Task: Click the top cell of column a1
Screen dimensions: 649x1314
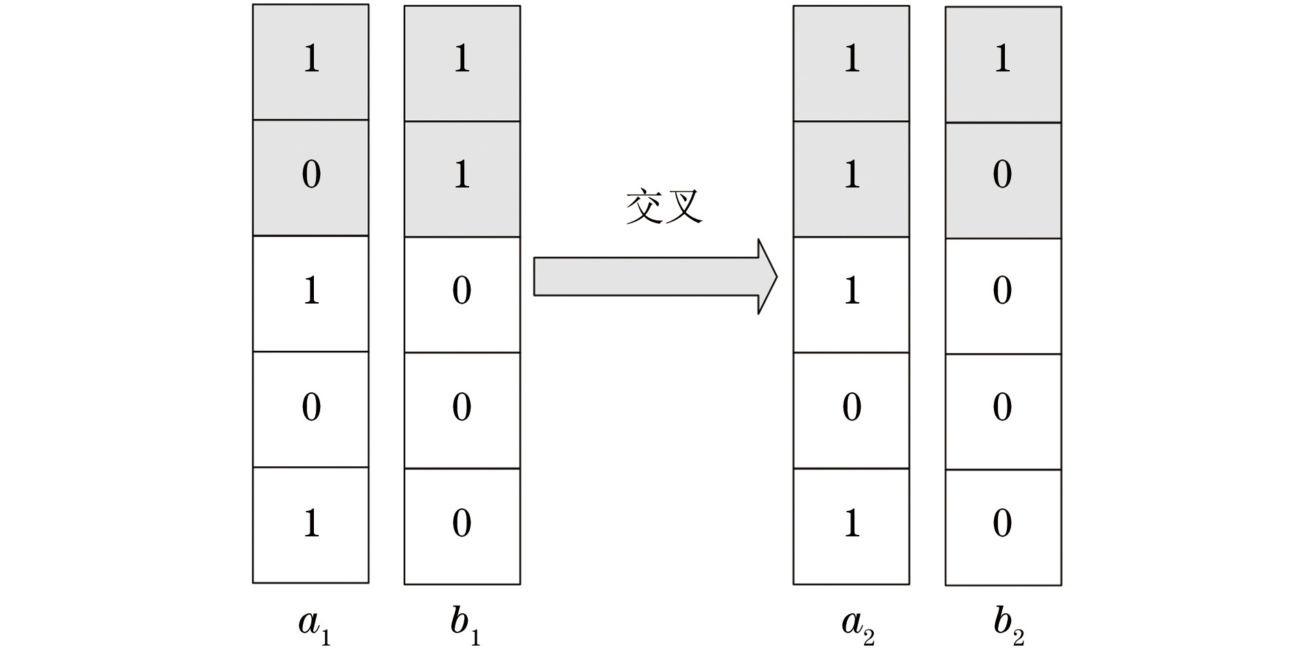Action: pos(310,62)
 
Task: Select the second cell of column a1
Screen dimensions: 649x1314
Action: pos(310,177)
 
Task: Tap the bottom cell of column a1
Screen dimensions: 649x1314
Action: pos(310,525)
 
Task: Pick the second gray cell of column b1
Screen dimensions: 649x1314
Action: pos(462,179)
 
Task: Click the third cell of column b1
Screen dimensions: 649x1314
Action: pos(462,295)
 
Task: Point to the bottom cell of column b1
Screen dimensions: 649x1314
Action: pos(462,526)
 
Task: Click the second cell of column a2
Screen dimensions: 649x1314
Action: pos(851,179)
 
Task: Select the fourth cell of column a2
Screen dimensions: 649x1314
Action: pos(851,410)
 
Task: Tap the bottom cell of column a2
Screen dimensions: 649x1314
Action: pos(851,526)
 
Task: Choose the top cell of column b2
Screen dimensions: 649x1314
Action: pos(1003,64)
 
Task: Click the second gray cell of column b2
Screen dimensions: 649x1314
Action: pos(1003,180)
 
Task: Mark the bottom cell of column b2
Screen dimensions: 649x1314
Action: pos(1003,527)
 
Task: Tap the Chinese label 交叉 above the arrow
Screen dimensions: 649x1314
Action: pos(664,207)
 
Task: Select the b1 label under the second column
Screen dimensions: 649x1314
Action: pos(465,625)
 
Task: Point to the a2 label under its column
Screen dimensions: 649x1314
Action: pos(857,625)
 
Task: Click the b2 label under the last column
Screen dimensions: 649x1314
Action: pos(1008,625)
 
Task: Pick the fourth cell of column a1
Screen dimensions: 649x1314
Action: pos(310,409)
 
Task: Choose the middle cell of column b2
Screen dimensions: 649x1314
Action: pos(1003,295)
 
